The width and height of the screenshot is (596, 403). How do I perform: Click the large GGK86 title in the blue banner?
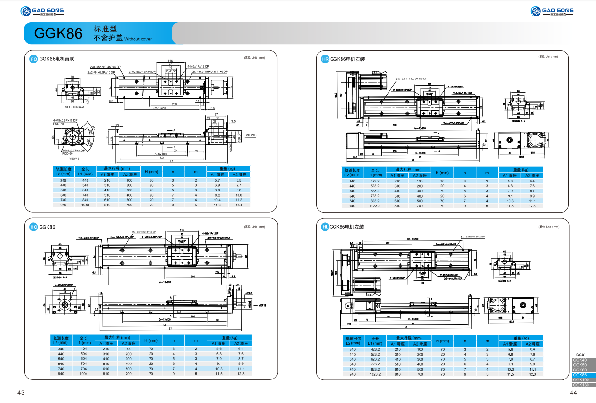[x=58, y=33]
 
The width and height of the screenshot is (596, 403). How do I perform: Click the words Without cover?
[x=138, y=39]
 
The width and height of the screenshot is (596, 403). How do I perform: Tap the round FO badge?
[x=33, y=59]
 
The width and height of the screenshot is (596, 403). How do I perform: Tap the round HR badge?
[x=325, y=59]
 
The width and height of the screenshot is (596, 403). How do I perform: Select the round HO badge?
[x=33, y=227]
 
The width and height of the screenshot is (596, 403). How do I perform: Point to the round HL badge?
[x=325, y=227]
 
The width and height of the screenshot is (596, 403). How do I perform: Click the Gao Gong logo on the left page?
[x=42, y=11]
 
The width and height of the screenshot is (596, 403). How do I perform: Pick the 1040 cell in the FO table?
[x=85, y=205]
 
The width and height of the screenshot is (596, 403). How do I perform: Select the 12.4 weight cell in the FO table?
[x=239, y=205]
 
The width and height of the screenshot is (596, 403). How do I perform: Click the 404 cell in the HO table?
[x=84, y=349]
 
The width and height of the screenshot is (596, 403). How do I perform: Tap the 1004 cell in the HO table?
[x=84, y=374]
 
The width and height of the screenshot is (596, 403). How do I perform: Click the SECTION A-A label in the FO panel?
[x=75, y=107]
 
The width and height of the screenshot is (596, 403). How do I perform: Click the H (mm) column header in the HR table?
[x=442, y=172]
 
